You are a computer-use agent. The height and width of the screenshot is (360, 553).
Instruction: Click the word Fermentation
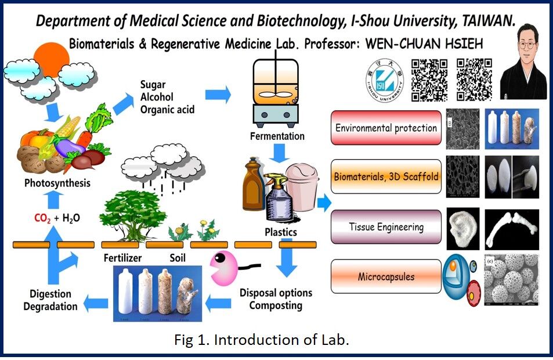pos(277,136)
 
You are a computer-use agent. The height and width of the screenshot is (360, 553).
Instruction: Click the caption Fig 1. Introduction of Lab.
pos(262,340)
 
